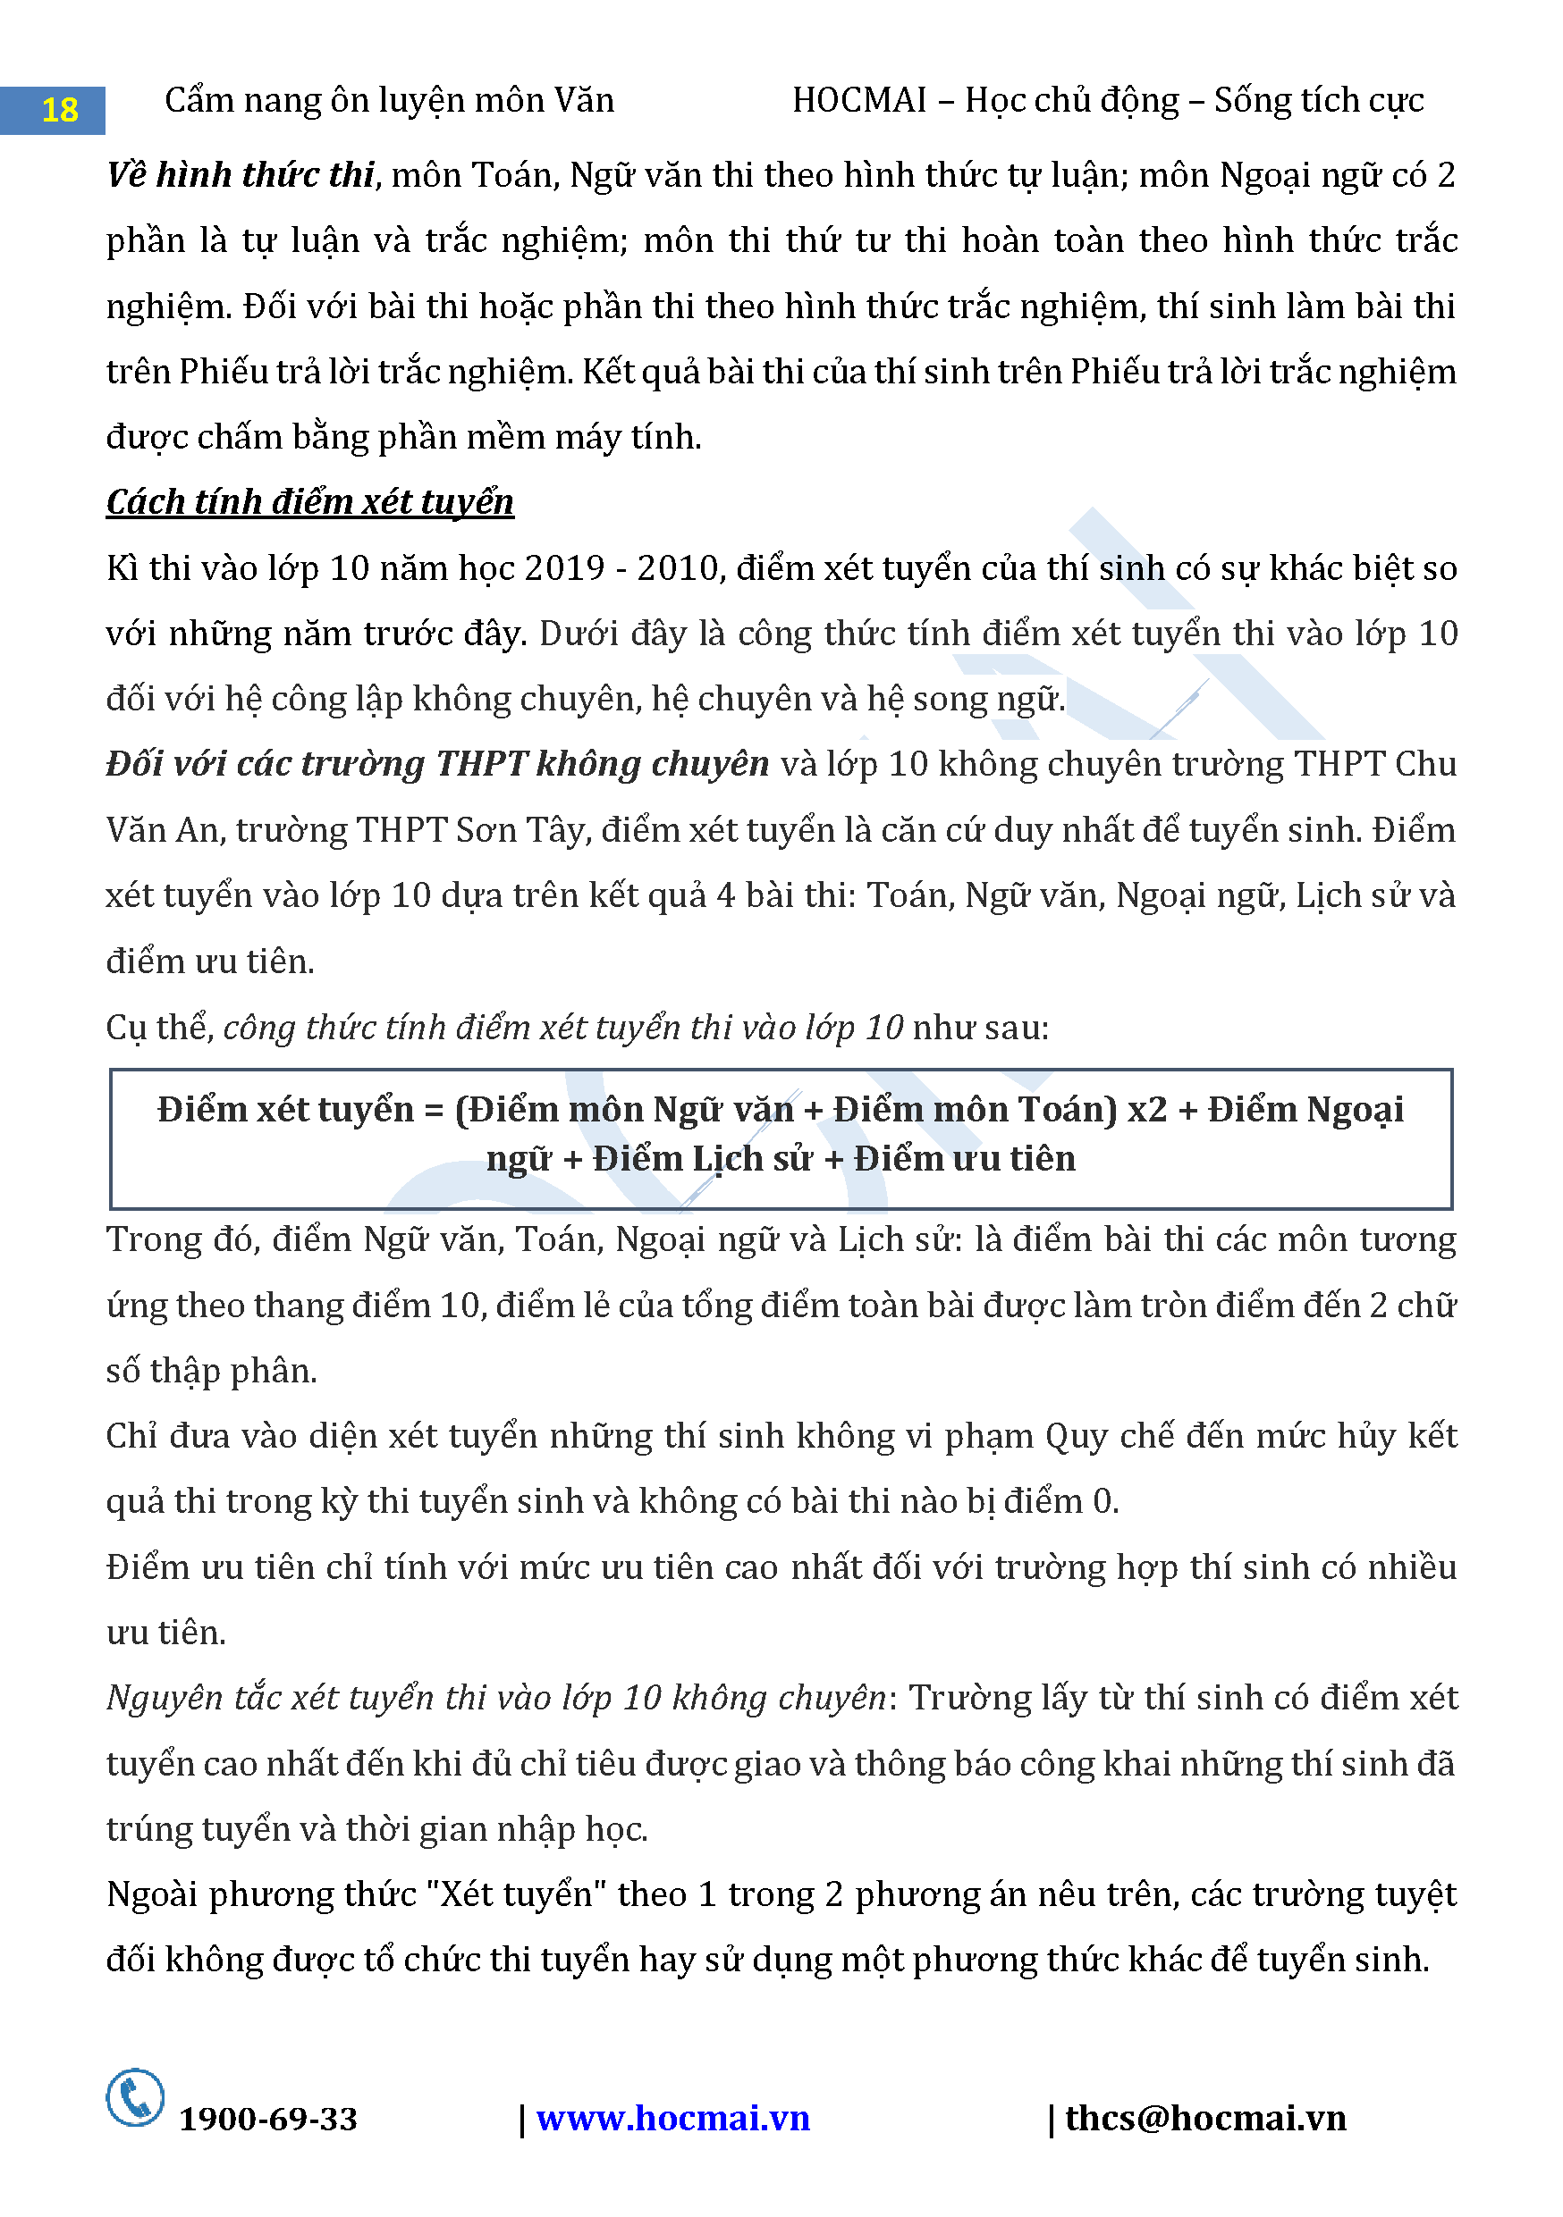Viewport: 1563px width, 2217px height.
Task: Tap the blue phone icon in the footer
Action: coord(135,2097)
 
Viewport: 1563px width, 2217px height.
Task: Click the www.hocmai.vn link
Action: coord(672,2119)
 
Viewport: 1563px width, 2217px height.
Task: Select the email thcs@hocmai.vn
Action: coord(1204,2119)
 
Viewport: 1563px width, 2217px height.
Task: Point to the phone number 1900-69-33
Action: coord(267,2120)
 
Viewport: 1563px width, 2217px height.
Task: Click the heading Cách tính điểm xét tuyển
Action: coord(309,502)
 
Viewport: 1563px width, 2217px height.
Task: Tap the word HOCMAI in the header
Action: coord(858,100)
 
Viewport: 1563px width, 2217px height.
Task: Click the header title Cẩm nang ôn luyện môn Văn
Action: coord(388,100)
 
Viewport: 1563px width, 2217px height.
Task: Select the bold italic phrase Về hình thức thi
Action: coord(241,175)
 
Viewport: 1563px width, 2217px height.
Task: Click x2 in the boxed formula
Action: coord(1146,1110)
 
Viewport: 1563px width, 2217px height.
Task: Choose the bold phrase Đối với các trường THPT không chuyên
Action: coord(436,765)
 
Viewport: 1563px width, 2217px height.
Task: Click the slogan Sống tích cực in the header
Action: coord(1319,100)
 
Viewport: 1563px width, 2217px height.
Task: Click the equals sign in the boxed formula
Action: coord(433,1111)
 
